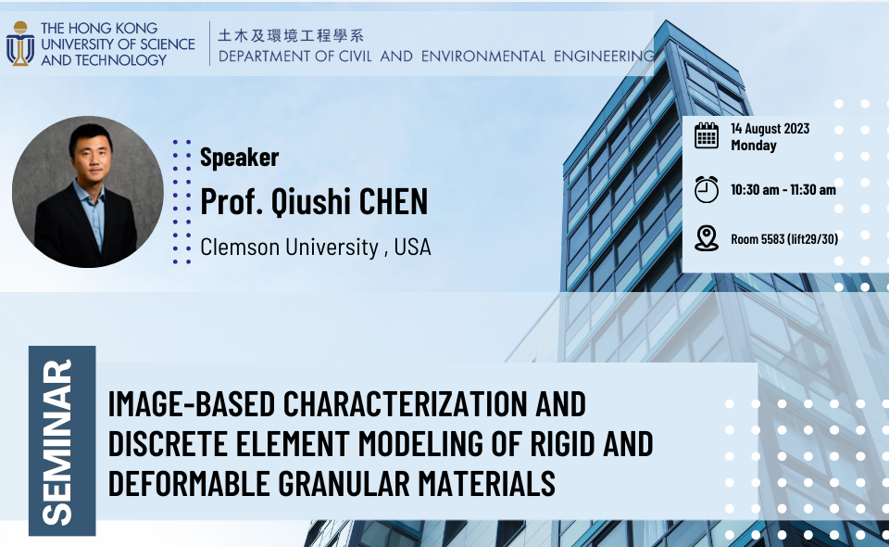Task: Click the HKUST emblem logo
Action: pyautogui.click(x=20, y=44)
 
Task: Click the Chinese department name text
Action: pyautogui.click(x=291, y=36)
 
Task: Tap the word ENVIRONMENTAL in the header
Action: pyautogui.click(x=483, y=57)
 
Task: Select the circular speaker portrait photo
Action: pyautogui.click(x=88, y=192)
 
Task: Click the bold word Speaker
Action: pyautogui.click(x=239, y=158)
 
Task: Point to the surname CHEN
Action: pyautogui.click(x=394, y=201)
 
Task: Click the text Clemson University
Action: pyautogui.click(x=289, y=247)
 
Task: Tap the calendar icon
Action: pyautogui.click(x=707, y=135)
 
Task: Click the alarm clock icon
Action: pyautogui.click(x=707, y=189)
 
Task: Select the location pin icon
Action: pyautogui.click(x=707, y=238)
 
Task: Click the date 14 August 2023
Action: pyautogui.click(x=770, y=129)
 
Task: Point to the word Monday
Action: pyautogui.click(x=754, y=146)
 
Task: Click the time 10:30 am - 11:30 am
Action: pyautogui.click(x=783, y=190)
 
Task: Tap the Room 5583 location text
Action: pyautogui.click(x=784, y=239)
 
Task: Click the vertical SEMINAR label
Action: pyautogui.click(x=57, y=442)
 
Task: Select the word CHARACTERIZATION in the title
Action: pyautogui.click(x=405, y=404)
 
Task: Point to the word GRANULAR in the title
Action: pyautogui.click(x=344, y=483)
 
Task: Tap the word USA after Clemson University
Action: pyautogui.click(x=412, y=247)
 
